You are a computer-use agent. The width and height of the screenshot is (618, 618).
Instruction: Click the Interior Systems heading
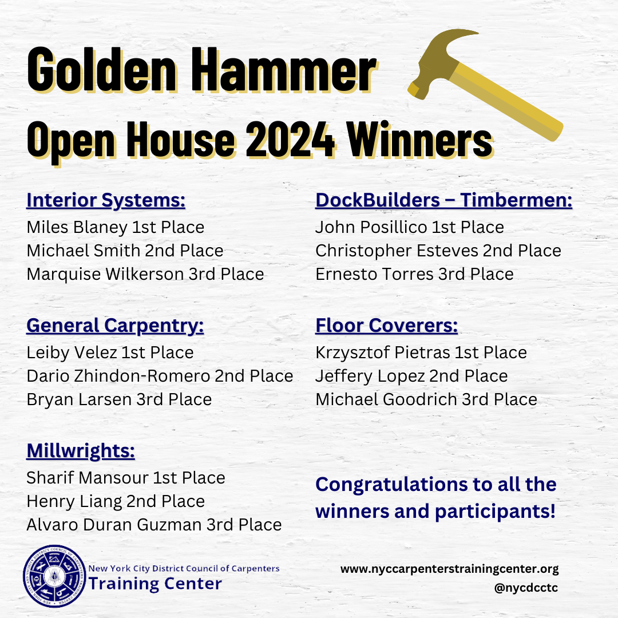tap(106, 201)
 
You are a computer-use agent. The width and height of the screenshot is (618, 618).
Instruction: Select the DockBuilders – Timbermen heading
tap(444, 200)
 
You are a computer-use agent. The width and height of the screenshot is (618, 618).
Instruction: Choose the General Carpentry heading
tap(115, 326)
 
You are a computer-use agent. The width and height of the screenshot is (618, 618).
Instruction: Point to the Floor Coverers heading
tap(387, 326)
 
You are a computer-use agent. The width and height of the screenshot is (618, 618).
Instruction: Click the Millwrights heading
tap(81, 451)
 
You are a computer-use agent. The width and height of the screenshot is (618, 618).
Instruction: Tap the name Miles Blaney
tap(77, 227)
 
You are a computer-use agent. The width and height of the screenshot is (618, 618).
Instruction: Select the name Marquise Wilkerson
tap(105, 274)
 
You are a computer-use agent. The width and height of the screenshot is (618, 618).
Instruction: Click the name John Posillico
tap(371, 227)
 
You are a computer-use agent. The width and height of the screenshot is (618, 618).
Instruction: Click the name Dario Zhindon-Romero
tap(118, 376)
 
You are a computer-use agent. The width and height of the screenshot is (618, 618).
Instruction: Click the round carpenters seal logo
tap(54, 576)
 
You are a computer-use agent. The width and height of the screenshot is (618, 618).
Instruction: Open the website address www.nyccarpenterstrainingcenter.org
tap(450, 569)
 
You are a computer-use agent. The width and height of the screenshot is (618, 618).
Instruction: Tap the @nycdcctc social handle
tap(526, 588)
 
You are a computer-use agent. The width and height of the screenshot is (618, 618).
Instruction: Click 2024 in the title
tap(291, 140)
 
